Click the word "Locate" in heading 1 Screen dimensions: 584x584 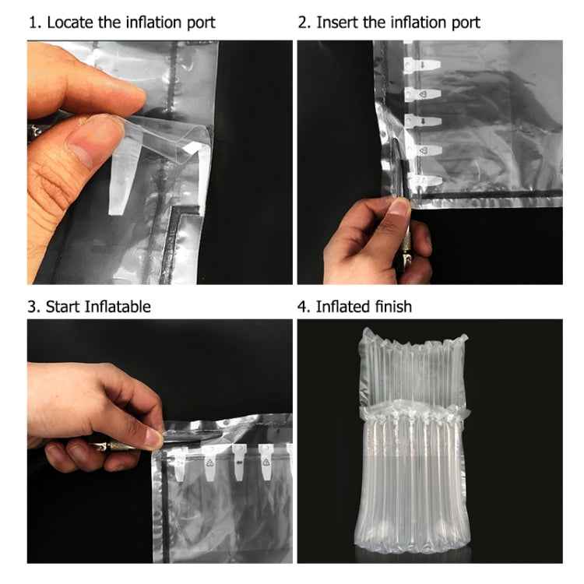70,23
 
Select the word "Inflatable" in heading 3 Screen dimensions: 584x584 118,307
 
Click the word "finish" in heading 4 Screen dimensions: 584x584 393,307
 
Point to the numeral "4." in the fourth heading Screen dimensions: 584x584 304,308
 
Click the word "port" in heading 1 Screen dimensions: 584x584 201,23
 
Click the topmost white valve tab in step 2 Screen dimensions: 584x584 422,64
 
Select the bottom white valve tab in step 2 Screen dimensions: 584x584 424,181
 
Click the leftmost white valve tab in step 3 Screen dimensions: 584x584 180,463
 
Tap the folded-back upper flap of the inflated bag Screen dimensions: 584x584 413,369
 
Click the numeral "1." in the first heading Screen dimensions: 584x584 34,23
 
